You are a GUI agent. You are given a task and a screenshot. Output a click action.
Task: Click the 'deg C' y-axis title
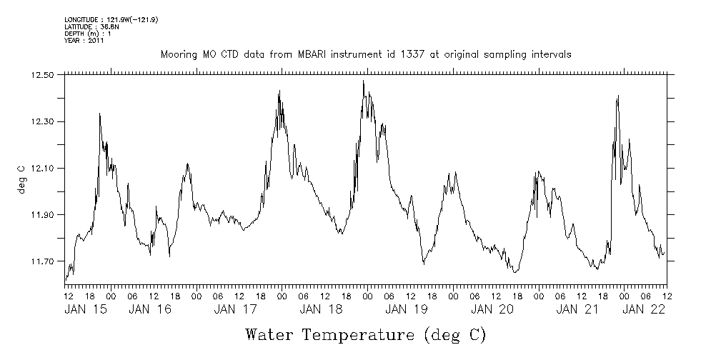pyautogui.click(x=21, y=178)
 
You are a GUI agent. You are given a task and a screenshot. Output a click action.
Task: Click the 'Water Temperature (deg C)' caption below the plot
pyautogui.click(x=366, y=334)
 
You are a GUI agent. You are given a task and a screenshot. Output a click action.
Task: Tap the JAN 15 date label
pyautogui.click(x=86, y=309)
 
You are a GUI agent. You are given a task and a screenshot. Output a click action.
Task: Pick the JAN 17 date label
pyautogui.click(x=236, y=309)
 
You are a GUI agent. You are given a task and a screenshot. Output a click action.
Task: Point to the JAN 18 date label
pyautogui.click(x=321, y=309)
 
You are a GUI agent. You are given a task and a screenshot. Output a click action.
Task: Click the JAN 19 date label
pyautogui.click(x=407, y=309)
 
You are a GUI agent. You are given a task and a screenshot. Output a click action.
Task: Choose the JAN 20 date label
pyautogui.click(x=492, y=309)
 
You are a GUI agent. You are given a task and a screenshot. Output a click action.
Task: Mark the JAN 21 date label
pyautogui.click(x=577, y=309)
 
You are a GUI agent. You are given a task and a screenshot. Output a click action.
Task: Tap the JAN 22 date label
pyautogui.click(x=644, y=309)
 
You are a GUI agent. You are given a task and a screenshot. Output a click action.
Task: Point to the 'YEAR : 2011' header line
pyautogui.click(x=84, y=41)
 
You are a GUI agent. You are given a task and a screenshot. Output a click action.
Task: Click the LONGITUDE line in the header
pyautogui.click(x=111, y=19)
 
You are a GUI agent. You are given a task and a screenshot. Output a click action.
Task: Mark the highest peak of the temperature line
pyautogui.click(x=364, y=81)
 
